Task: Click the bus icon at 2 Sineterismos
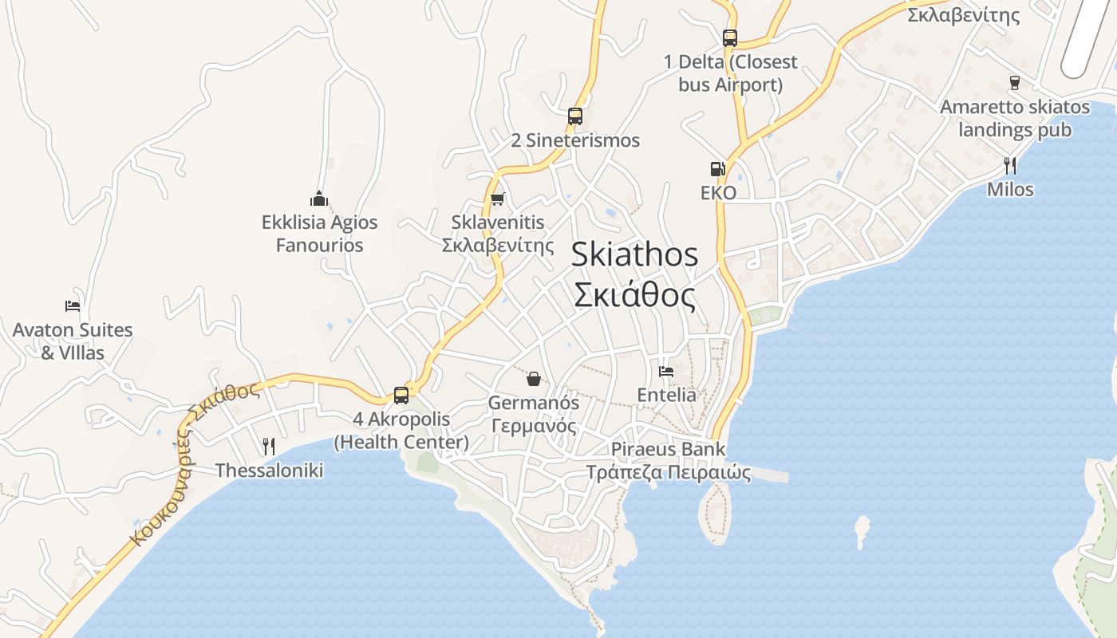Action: point(575,116)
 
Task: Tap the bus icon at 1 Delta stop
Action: point(729,37)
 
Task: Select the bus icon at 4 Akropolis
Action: point(401,395)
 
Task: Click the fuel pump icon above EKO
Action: point(717,169)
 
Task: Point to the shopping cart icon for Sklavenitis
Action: point(498,199)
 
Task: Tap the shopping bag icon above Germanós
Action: point(534,378)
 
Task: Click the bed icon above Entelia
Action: point(666,371)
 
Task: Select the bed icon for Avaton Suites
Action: point(73,305)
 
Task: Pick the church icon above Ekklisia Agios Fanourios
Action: point(319,199)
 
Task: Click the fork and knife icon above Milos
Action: point(1010,165)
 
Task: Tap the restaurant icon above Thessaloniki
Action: point(269,446)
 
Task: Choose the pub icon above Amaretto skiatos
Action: point(1015,82)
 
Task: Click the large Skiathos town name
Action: point(634,254)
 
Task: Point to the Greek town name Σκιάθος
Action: point(634,295)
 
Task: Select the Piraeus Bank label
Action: point(668,448)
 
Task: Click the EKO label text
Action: point(718,193)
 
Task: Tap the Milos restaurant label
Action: point(1010,190)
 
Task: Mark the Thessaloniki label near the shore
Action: point(269,471)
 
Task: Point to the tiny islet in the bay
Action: point(861,530)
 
